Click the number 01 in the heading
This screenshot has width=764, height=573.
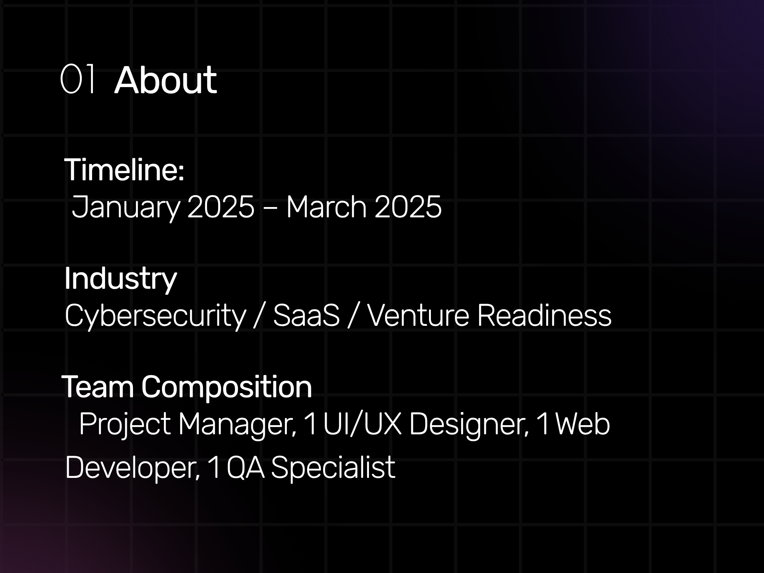pos(78,79)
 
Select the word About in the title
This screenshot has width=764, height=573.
pos(165,80)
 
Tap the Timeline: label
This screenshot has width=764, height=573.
pos(125,170)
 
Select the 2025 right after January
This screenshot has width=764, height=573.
pos(221,207)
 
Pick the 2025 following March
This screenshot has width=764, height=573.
pos(408,207)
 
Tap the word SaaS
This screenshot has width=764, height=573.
pos(306,316)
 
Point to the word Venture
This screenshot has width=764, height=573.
pos(418,316)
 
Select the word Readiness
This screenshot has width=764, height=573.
pos(544,316)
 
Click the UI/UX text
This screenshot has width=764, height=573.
pos(362,424)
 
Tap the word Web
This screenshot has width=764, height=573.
pos(582,424)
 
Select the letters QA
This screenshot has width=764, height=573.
pos(245,467)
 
